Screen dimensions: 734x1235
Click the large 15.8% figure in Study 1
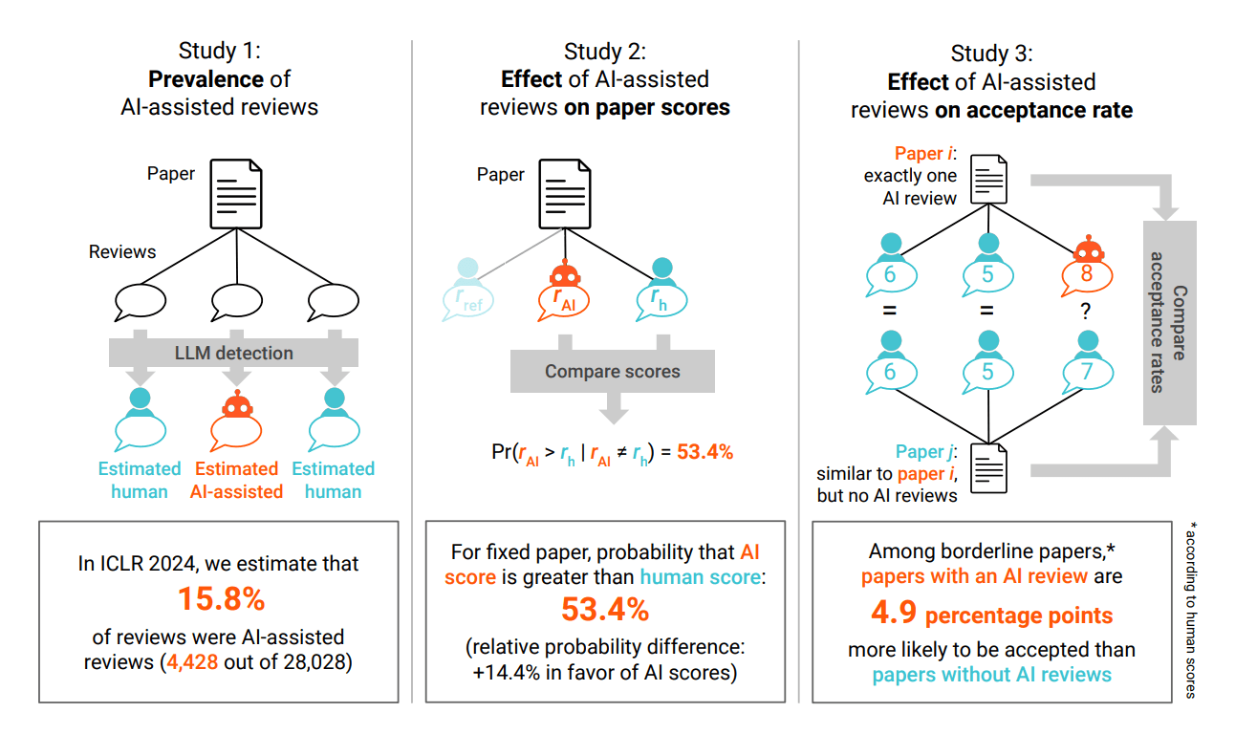tap(221, 599)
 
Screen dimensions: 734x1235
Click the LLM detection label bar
tap(234, 353)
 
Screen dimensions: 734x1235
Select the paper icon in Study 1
tap(236, 194)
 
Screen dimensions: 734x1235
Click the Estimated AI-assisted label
tap(236, 480)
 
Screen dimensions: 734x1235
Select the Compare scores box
tap(612, 371)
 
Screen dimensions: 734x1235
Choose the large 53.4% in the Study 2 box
tap(604, 609)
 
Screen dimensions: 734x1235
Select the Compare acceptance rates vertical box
tap(1171, 323)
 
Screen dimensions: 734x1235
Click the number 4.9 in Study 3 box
tap(894, 613)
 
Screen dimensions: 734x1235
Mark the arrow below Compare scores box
tap(613, 409)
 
